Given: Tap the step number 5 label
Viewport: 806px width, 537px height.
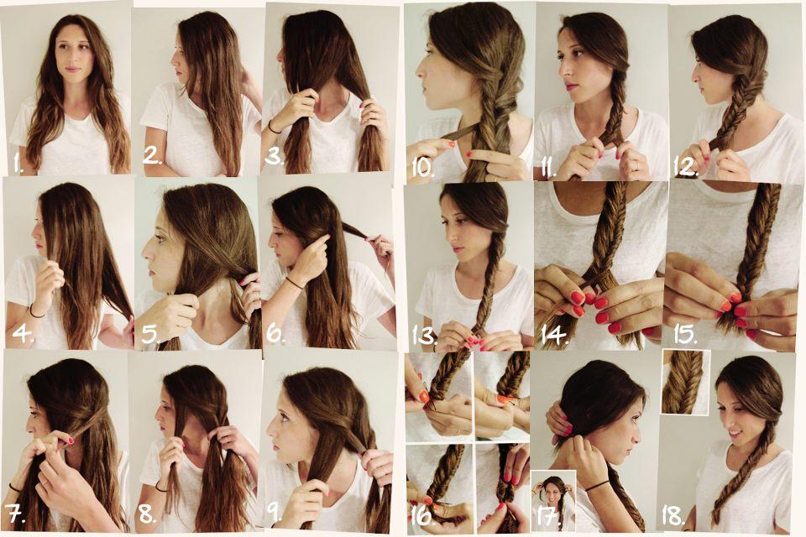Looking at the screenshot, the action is click(150, 334).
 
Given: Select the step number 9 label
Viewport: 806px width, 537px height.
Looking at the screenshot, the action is click(275, 513).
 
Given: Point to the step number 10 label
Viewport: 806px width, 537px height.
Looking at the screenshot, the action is click(423, 167).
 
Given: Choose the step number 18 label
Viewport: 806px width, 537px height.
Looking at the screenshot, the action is click(673, 515).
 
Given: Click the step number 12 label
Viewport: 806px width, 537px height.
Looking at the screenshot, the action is click(686, 167).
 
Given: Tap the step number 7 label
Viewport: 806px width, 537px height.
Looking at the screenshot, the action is click(16, 514).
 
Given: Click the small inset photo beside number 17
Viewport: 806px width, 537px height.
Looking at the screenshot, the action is click(553, 500).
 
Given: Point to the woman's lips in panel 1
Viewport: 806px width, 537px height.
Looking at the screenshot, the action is click(72, 70).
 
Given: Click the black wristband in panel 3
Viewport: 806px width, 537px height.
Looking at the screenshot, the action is click(274, 128).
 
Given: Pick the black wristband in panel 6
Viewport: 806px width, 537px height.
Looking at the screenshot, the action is click(295, 283).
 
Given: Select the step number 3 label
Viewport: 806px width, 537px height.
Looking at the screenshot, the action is click(275, 156).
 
